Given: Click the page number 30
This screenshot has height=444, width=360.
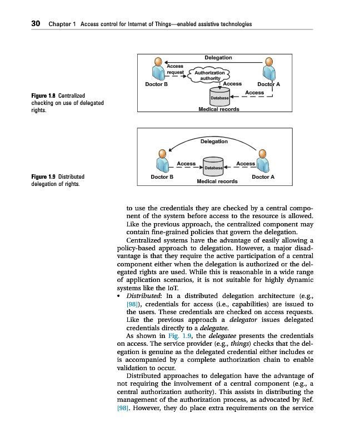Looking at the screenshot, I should tap(36, 24).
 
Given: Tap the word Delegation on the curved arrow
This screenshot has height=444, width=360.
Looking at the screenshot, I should tap(214, 142).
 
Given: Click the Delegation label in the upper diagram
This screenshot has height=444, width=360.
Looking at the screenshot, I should tap(218, 58).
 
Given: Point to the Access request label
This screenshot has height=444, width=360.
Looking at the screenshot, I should tap(176, 69).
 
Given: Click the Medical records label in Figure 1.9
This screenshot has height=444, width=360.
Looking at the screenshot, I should tap(217, 181).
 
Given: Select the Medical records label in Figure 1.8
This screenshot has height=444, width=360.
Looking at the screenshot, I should tap(219, 109).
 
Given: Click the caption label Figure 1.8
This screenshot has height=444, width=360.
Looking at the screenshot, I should tap(43, 96).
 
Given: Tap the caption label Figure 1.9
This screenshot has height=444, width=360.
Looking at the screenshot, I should tap(43, 177).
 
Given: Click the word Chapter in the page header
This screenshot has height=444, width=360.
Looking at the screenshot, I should tap(59, 24).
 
